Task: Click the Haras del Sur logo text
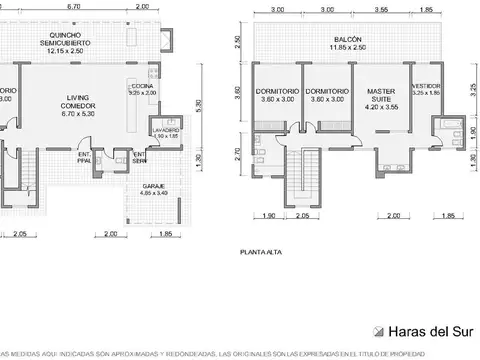pyautogui.click(x=430, y=332)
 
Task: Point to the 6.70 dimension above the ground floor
pyautogui.click(x=73, y=6)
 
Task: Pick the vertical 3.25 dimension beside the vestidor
pyautogui.click(x=470, y=87)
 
